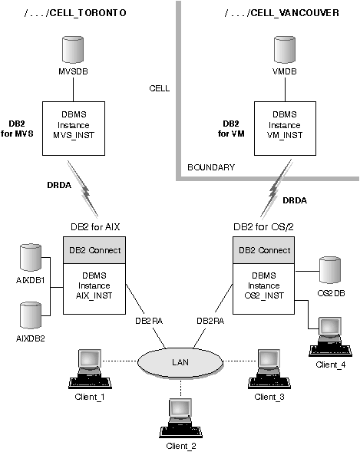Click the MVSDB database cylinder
coord(73,50)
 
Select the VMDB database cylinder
coord(285,50)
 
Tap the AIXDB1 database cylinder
coord(31,257)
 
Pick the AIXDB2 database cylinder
coord(31,315)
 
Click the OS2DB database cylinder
coord(330,270)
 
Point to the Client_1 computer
coord(90,369)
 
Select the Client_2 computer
coord(180,418)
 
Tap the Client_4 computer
coord(330,337)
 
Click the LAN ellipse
coord(180,362)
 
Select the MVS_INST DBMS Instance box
coord(74,128)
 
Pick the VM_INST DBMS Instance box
coord(285,128)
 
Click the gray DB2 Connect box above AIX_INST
coord(94,250)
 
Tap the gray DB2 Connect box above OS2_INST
coord(263,250)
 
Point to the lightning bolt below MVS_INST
coord(83,189)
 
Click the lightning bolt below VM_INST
coord(276,188)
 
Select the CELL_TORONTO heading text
coord(75,13)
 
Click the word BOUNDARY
coord(211,167)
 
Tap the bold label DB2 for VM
coord(231,129)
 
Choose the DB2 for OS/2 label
coord(263,227)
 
